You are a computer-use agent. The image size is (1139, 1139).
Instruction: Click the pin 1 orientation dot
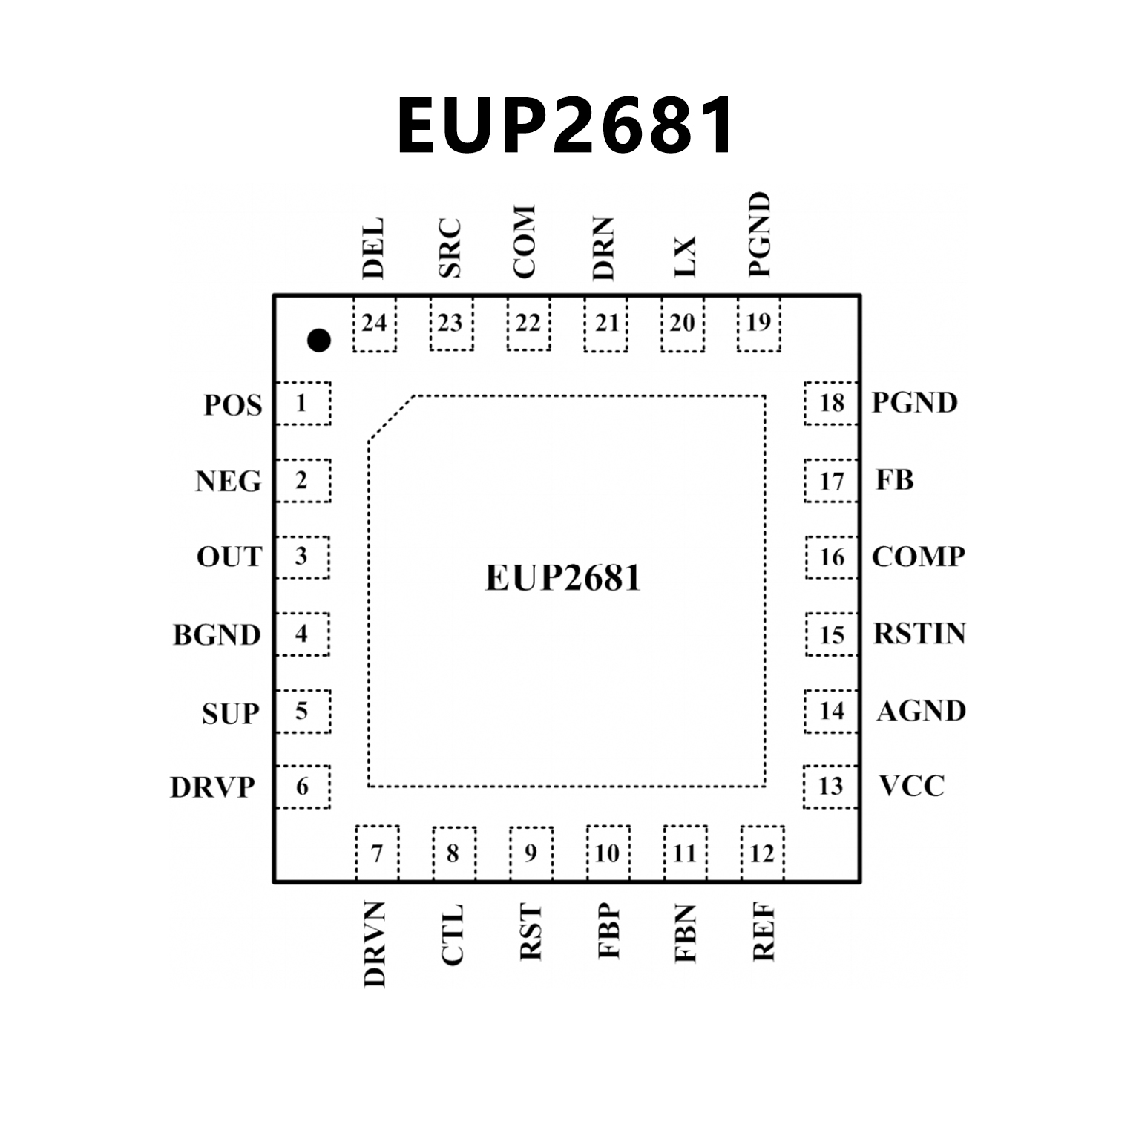click(x=319, y=341)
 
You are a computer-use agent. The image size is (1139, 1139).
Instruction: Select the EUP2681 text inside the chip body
click(x=562, y=578)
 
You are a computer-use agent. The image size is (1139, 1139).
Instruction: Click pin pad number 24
click(x=375, y=324)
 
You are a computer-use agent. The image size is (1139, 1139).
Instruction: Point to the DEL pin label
click(x=372, y=248)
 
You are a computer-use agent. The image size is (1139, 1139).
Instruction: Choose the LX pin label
click(x=684, y=257)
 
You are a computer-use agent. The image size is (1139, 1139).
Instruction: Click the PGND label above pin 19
click(x=759, y=234)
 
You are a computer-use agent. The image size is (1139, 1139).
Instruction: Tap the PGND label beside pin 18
click(x=914, y=403)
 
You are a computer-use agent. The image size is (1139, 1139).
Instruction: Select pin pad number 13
click(x=830, y=787)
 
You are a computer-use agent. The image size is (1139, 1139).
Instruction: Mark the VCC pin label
click(x=912, y=786)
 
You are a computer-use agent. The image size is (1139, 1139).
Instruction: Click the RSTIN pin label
click(x=919, y=634)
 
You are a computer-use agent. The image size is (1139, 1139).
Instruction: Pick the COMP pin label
click(x=918, y=557)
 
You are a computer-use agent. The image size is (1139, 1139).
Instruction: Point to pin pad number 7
click(x=377, y=853)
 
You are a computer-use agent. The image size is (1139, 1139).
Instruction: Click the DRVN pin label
click(x=375, y=945)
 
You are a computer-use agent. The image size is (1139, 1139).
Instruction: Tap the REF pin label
click(x=764, y=933)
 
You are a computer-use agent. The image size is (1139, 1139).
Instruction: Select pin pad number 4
click(x=302, y=634)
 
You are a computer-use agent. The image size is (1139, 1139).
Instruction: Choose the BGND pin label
click(x=217, y=635)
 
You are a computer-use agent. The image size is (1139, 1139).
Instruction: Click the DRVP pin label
click(x=213, y=787)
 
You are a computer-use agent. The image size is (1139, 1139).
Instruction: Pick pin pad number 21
click(x=606, y=324)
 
